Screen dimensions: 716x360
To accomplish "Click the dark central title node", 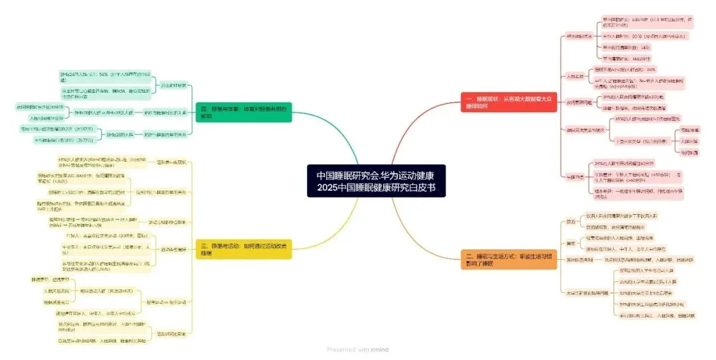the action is (x=375, y=180).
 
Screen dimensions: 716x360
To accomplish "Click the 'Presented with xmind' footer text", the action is (x=358, y=349).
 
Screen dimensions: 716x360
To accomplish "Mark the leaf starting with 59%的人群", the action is (x=636, y=97).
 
